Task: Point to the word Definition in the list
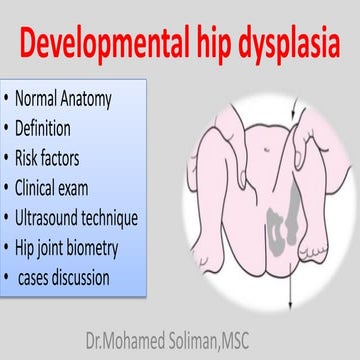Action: click(52, 129)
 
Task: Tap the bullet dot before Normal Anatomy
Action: click(7, 100)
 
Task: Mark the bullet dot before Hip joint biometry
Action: click(7, 245)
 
